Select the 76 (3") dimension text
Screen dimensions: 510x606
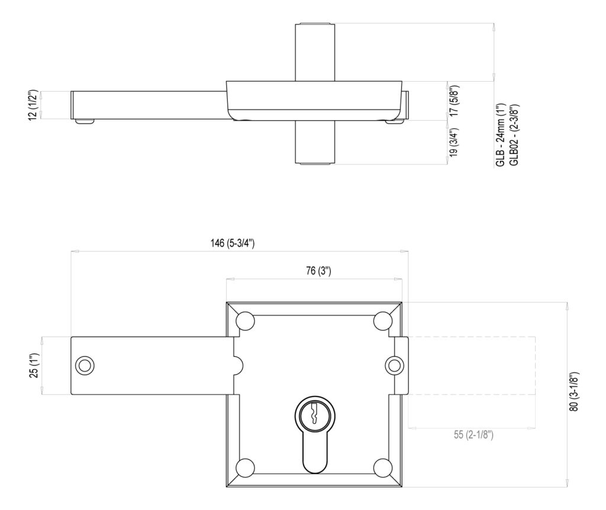click(318, 271)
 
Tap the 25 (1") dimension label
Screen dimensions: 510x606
click(34, 365)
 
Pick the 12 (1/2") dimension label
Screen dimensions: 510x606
click(34, 105)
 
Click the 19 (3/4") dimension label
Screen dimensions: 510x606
click(453, 143)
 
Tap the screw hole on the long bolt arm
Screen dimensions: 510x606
click(85, 365)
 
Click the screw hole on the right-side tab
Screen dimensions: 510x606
click(394, 365)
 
